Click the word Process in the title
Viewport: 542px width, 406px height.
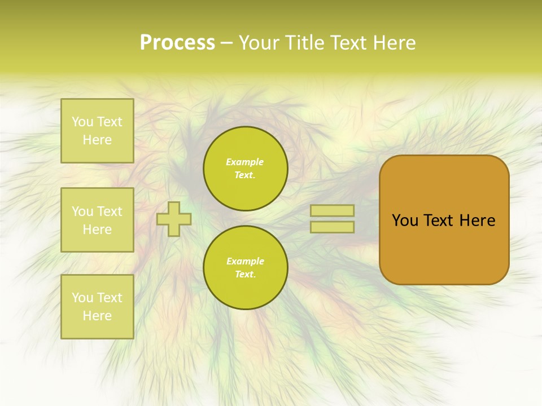[177, 43]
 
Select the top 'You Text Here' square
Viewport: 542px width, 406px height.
[97, 131]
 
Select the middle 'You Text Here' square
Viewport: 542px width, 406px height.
[97, 220]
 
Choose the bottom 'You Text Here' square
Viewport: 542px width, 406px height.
[97, 306]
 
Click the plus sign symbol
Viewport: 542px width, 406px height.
[174, 219]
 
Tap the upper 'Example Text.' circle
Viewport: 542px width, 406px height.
[245, 169]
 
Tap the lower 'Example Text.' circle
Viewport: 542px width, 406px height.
[245, 267]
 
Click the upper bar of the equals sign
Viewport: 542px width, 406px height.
[332, 211]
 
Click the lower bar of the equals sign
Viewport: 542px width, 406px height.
[332, 227]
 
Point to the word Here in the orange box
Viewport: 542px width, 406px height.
[477, 220]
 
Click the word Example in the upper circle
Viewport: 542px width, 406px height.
[245, 162]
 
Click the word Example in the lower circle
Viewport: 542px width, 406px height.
[245, 261]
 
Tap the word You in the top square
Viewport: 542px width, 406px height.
[82, 122]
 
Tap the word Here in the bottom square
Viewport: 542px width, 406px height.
[97, 316]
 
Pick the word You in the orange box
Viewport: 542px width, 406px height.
[405, 220]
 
